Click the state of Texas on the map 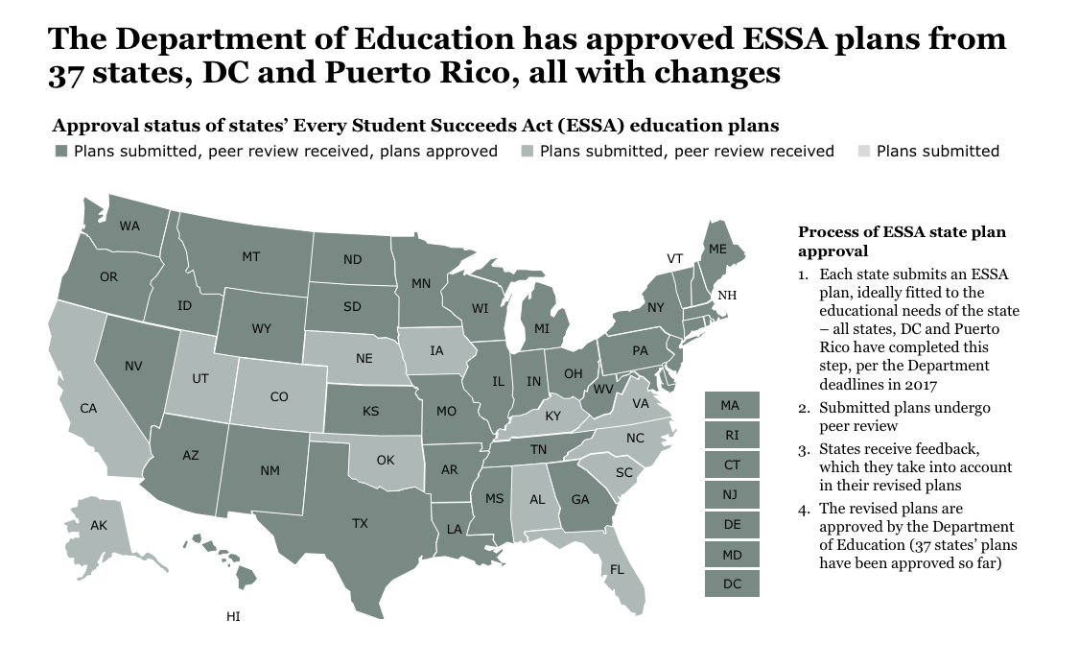[360, 523]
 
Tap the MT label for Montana [250, 256]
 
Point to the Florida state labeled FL [618, 570]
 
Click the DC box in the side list [731, 584]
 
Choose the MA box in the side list [731, 405]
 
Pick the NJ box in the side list [731, 494]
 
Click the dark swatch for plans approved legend [61, 152]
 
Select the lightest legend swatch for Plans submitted [862, 152]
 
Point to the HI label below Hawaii [233, 617]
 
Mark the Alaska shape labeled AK [99, 526]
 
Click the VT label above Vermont [674, 258]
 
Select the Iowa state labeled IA [436, 351]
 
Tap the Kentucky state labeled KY [552, 417]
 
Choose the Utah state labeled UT [199, 379]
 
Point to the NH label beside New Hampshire [728, 295]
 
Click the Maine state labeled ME [717, 249]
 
